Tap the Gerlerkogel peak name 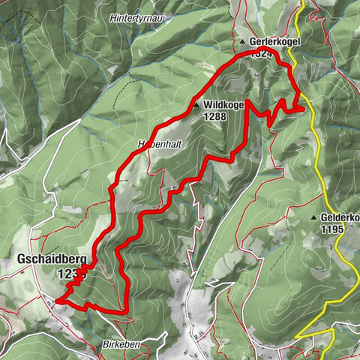click(x=275, y=42)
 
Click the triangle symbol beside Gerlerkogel click(x=244, y=42)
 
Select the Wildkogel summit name click(x=223, y=106)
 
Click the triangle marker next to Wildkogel click(x=196, y=106)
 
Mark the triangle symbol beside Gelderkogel click(x=314, y=217)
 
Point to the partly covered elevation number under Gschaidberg click(x=66, y=274)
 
